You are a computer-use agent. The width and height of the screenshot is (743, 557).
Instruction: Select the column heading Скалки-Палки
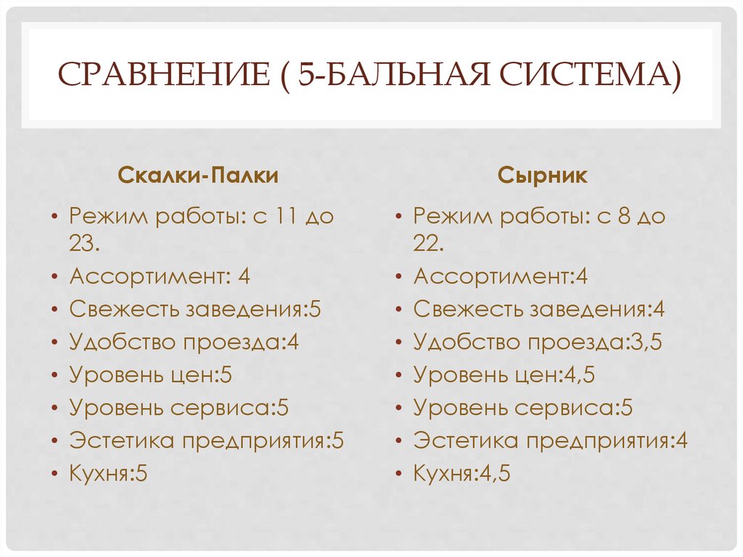tap(198, 176)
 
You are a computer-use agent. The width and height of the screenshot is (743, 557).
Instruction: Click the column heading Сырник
tap(543, 176)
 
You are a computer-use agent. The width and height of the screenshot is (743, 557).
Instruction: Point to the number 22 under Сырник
tap(427, 245)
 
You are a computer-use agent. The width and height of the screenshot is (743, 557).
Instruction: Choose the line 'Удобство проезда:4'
tap(184, 342)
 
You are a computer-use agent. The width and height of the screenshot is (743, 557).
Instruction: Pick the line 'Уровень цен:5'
tap(151, 375)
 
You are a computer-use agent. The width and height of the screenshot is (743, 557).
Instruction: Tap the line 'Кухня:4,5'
tap(462, 474)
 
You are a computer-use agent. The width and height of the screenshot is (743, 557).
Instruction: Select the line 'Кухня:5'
tap(109, 474)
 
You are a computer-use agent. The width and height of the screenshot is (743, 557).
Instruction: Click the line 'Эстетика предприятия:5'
tap(207, 441)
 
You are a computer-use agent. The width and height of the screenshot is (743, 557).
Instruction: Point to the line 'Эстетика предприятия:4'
tap(551, 441)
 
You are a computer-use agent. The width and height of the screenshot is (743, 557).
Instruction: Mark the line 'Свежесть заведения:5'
tap(195, 309)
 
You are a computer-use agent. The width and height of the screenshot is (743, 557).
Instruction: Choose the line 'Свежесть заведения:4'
tap(539, 309)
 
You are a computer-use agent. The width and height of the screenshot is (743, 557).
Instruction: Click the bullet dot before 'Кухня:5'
tap(55, 476)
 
